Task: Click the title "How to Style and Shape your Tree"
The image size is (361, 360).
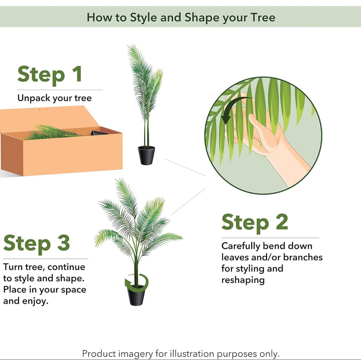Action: [181, 18]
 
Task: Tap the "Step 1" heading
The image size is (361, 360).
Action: [50, 74]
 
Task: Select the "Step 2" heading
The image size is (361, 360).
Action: [255, 222]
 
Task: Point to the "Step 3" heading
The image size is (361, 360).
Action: [37, 244]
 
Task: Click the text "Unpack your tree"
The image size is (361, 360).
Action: [55, 98]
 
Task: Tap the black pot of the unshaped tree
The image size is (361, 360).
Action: [146, 156]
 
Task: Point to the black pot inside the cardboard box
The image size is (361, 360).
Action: [99, 133]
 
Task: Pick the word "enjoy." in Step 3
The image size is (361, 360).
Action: [35, 301]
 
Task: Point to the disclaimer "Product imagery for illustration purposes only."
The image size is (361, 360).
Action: [181, 354]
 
